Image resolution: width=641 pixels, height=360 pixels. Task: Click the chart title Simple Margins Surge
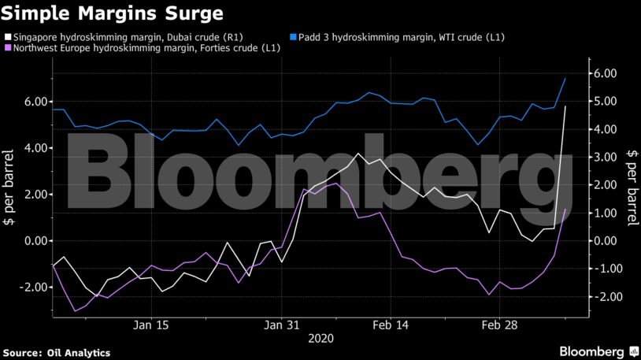(x=112, y=13)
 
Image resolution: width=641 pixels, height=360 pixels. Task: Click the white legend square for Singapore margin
(x=8, y=37)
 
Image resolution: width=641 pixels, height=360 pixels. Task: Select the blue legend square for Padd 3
(x=293, y=37)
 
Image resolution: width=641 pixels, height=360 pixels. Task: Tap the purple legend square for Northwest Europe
(x=8, y=49)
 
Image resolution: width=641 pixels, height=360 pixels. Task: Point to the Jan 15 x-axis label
(x=151, y=325)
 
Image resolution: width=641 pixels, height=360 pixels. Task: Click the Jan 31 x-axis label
(x=282, y=325)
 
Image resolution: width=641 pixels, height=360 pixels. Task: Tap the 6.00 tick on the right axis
(x=605, y=73)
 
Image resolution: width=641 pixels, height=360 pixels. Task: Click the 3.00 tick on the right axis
(x=605, y=157)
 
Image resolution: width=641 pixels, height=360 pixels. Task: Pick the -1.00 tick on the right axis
(x=603, y=269)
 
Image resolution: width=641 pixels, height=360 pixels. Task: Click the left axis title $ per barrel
(x=10, y=185)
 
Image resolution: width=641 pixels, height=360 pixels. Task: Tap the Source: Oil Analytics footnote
(x=56, y=353)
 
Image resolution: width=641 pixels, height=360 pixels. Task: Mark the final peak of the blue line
(x=565, y=78)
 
